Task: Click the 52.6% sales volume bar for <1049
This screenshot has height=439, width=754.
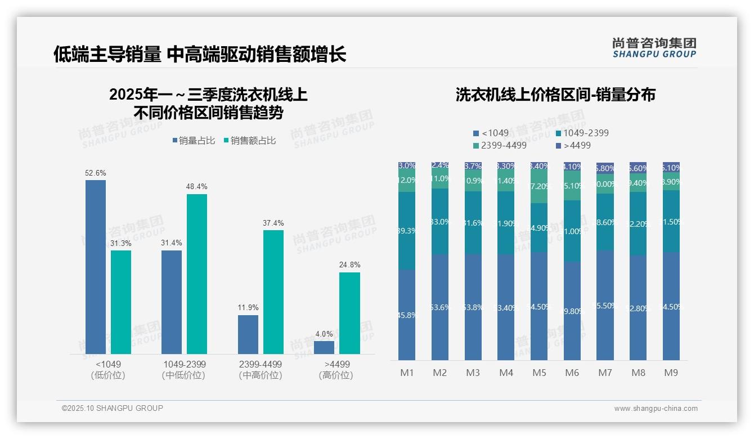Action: (95, 267)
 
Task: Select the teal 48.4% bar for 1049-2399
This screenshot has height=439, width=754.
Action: (197, 274)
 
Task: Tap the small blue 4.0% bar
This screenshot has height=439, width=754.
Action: (324, 347)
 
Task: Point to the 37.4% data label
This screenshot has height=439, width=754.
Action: (273, 223)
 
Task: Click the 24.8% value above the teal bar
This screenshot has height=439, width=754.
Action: (349, 265)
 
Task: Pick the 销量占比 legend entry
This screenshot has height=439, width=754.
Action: (194, 141)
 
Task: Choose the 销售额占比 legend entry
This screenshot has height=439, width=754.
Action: (250, 141)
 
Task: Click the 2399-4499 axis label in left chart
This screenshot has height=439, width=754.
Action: (261, 364)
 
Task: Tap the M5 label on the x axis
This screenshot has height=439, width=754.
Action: (540, 373)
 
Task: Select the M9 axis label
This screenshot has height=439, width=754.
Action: (671, 373)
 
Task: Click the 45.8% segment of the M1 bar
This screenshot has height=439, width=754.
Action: (407, 315)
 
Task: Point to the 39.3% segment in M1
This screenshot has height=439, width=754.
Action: (407, 231)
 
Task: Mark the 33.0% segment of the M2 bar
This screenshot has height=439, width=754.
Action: (440, 222)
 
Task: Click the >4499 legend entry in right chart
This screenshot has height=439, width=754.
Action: (574, 146)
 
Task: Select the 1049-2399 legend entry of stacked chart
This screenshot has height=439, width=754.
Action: (582, 133)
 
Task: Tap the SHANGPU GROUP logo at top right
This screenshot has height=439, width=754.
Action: (654, 48)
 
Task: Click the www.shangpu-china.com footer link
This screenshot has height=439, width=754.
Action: (656, 409)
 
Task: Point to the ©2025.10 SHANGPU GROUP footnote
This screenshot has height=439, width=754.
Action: (113, 408)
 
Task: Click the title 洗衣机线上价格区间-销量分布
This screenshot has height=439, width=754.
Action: (555, 95)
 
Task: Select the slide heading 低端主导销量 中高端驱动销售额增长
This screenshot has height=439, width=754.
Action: (200, 55)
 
